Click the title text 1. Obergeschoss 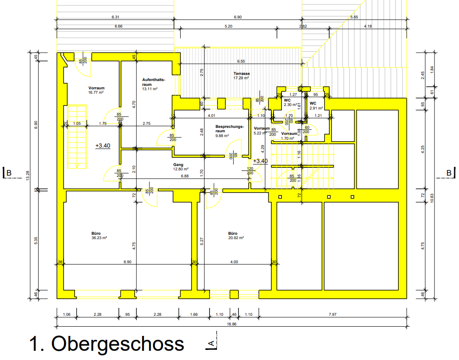107,344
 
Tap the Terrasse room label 241,74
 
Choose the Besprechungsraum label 229,129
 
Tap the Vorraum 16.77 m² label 96,90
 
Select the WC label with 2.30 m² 288,102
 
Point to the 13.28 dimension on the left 28,176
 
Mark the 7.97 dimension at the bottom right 333,314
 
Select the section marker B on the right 449,173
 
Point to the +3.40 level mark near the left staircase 103,146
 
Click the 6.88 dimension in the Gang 185,176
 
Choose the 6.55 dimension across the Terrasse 241,62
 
